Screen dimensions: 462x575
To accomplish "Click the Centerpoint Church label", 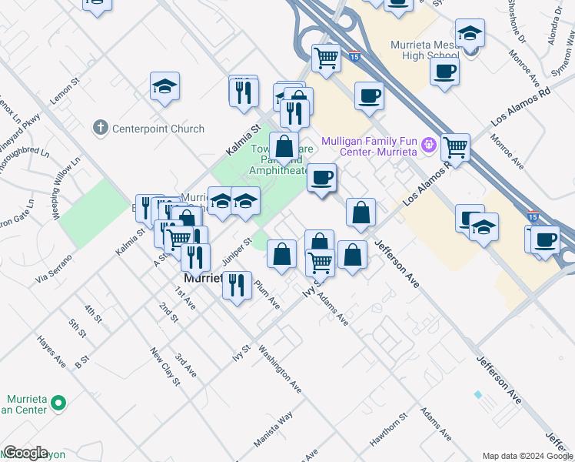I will click(x=158, y=129).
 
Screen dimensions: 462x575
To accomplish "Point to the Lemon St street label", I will click(x=65, y=93).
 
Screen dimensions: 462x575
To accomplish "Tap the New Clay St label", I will click(x=165, y=367).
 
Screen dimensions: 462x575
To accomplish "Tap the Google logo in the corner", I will click(x=25, y=454).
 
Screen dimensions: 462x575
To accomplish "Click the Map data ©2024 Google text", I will click(x=527, y=456).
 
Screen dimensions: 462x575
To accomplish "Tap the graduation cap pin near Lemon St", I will click(x=165, y=87).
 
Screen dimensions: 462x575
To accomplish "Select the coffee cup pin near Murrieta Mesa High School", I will click(x=444, y=72).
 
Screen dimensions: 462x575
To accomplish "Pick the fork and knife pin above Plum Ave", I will click(x=237, y=285).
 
